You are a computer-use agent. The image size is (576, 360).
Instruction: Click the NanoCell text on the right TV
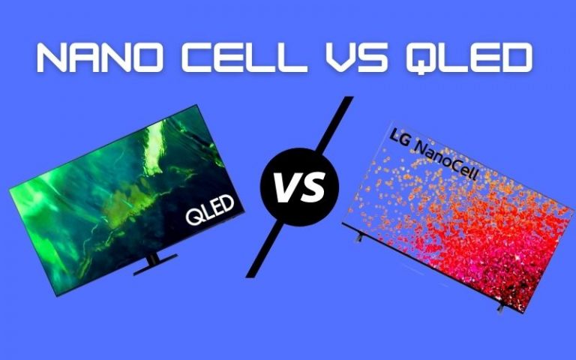coord(451,160)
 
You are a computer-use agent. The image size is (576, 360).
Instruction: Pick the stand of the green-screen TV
coord(154,262)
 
